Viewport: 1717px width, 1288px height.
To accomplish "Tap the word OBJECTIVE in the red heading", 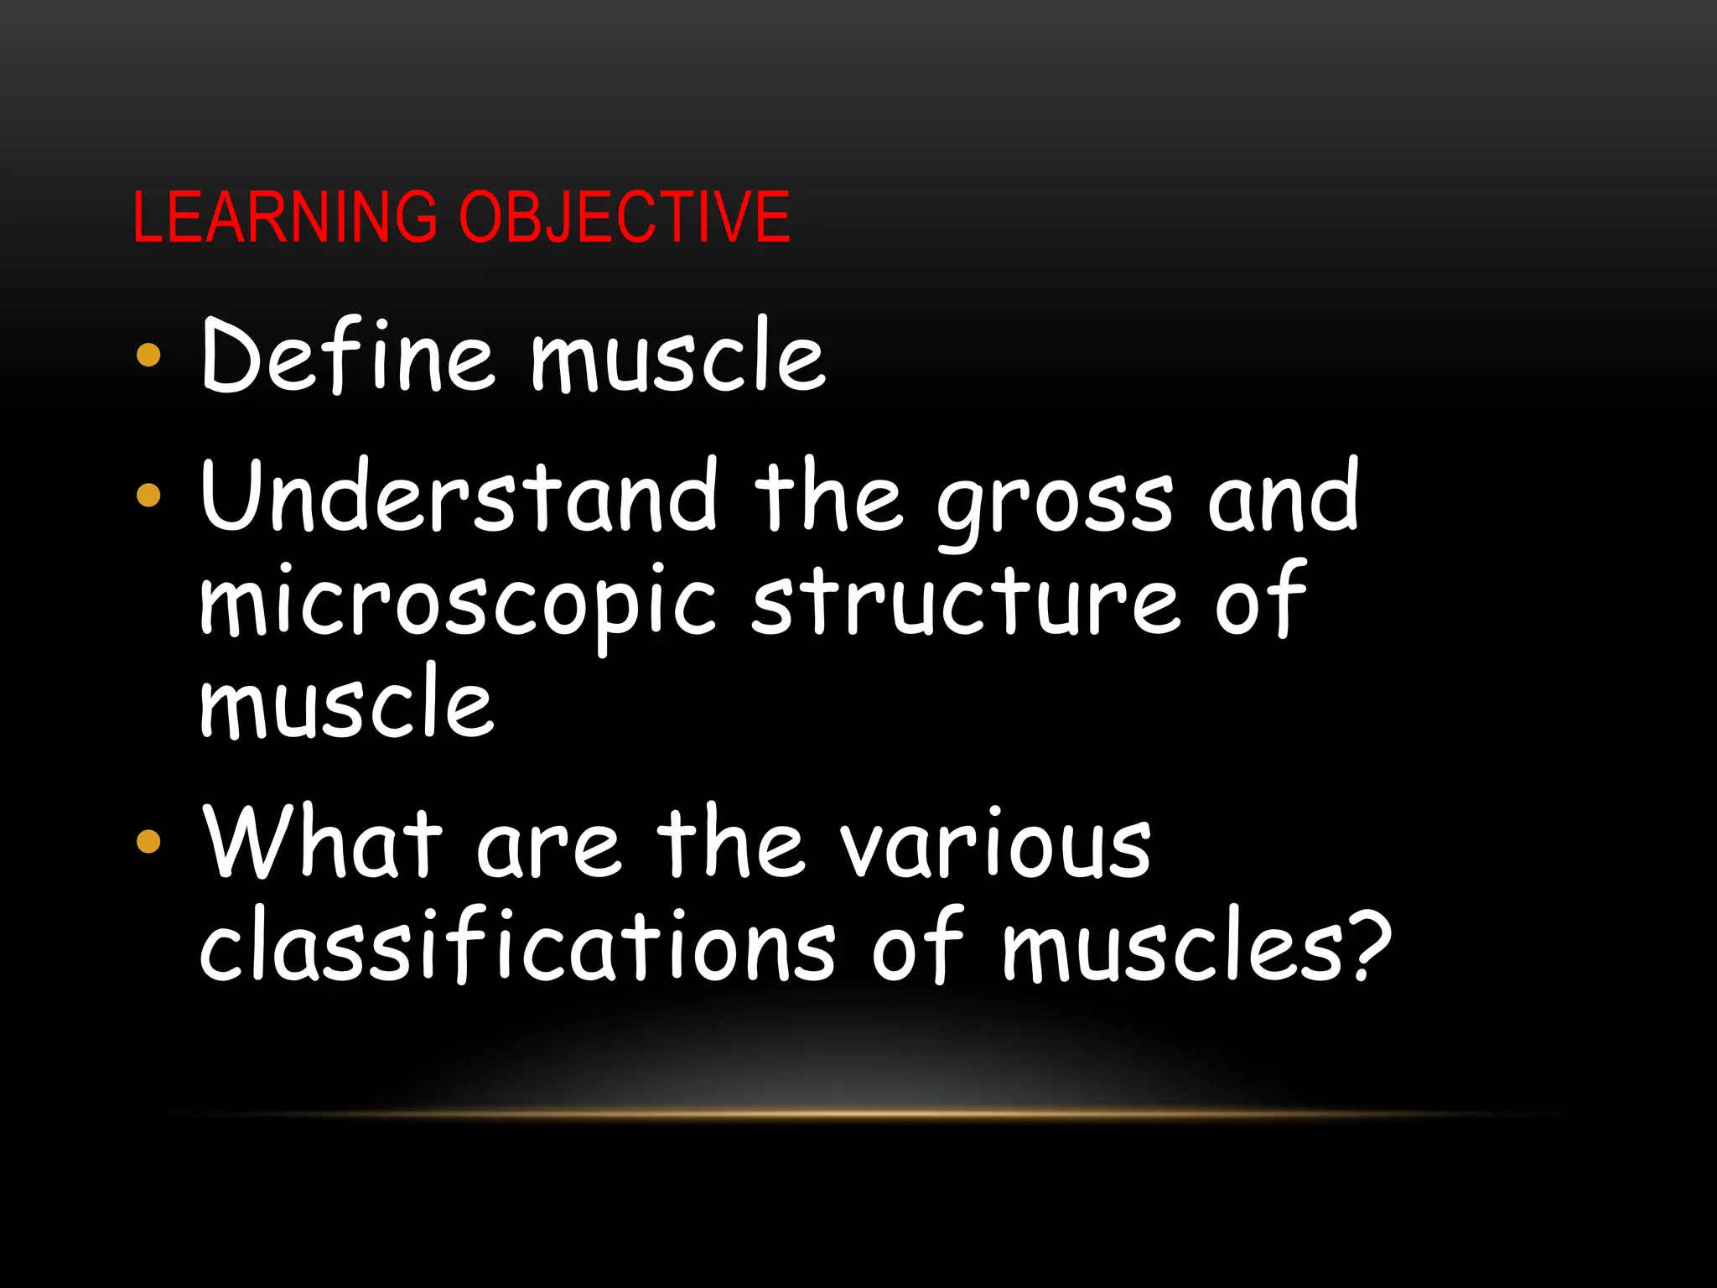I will click(625, 217).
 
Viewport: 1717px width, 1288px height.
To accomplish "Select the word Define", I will click(348, 356).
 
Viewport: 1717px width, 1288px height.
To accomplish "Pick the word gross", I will click(1054, 503).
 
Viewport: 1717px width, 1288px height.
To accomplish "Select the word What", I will click(324, 842).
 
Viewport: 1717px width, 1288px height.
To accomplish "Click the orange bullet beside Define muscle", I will click(148, 356).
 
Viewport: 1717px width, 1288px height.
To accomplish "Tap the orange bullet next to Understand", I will click(148, 496).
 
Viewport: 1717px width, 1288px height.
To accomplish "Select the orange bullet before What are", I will click(148, 841).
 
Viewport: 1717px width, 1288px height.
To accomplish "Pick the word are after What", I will click(548, 847).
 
